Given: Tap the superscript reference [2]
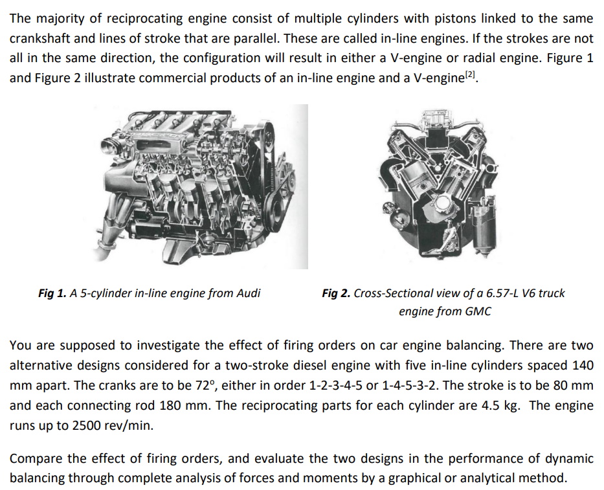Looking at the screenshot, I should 473,74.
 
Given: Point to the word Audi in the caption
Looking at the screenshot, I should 247,293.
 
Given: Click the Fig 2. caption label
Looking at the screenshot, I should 336,293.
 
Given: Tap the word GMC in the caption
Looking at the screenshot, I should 478,311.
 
